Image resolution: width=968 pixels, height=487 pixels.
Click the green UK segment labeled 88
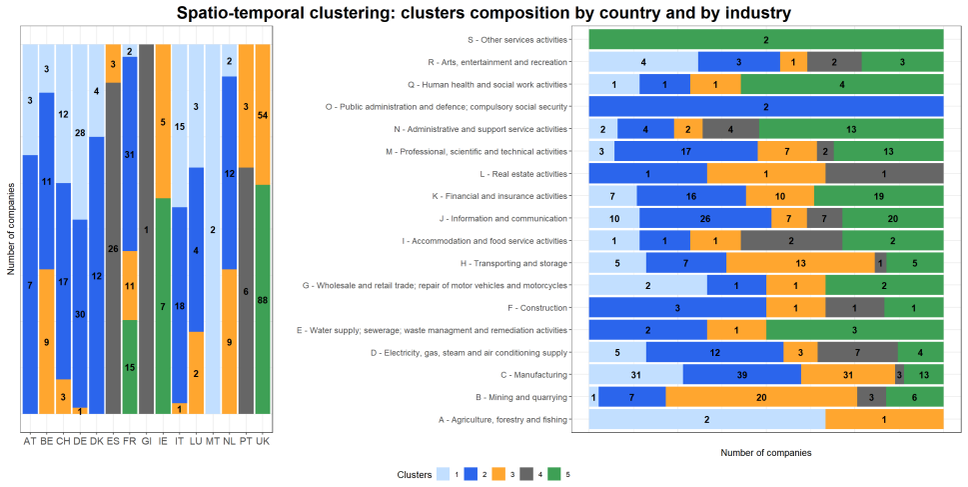click(x=263, y=299)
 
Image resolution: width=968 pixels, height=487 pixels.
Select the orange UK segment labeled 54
click(x=263, y=114)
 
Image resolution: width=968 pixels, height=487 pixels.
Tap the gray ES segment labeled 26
click(x=113, y=248)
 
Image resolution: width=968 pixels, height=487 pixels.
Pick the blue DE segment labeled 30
click(x=80, y=313)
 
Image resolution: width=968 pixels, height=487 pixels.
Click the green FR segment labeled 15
click(x=130, y=367)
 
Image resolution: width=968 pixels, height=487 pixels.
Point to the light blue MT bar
click(x=213, y=229)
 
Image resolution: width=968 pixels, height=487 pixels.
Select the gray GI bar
click(x=146, y=229)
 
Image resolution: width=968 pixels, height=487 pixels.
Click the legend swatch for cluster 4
click(x=527, y=474)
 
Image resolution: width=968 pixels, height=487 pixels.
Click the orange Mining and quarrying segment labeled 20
click(x=761, y=397)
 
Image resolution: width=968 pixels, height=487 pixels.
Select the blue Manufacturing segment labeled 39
click(x=742, y=375)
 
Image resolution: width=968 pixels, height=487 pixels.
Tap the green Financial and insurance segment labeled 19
click(x=878, y=196)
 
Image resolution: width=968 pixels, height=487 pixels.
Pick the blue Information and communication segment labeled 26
click(x=705, y=218)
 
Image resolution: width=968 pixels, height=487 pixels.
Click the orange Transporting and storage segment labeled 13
click(x=801, y=263)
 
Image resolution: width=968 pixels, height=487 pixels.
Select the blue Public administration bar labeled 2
click(x=766, y=107)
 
